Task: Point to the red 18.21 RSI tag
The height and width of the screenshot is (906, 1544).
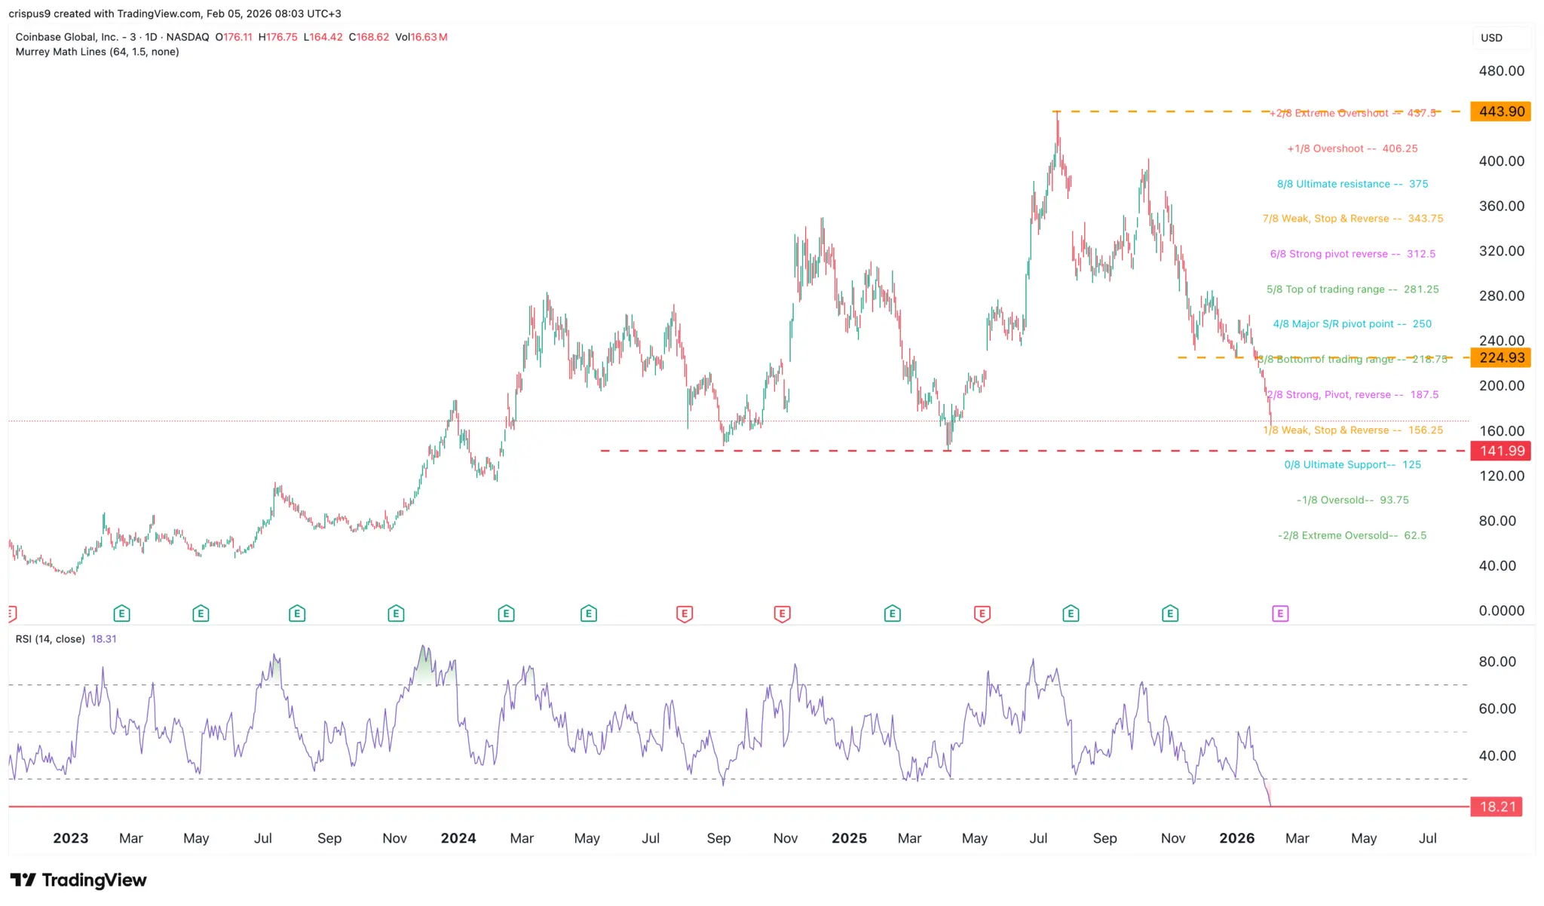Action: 1497,807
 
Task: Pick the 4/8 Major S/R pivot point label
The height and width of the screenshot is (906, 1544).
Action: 1352,324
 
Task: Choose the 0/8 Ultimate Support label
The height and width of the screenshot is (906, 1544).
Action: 1352,465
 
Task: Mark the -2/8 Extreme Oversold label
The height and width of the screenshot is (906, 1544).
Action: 1352,536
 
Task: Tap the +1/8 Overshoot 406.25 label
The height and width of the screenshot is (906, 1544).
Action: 1352,148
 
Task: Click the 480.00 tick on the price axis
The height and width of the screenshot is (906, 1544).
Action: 1501,71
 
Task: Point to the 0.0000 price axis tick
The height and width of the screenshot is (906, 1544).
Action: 1501,611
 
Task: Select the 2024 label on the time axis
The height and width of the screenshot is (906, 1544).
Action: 458,838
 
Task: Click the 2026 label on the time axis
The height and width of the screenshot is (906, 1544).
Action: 1236,838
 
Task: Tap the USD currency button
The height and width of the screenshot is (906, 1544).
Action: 1491,38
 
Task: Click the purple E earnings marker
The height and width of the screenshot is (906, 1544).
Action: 1280,614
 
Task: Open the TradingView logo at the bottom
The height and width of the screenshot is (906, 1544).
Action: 78,880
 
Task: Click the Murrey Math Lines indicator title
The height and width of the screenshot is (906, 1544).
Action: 97,52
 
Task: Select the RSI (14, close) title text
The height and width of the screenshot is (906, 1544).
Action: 51,639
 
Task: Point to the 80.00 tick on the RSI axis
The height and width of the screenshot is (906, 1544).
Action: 1497,662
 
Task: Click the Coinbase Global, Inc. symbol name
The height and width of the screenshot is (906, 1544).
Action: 66,37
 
